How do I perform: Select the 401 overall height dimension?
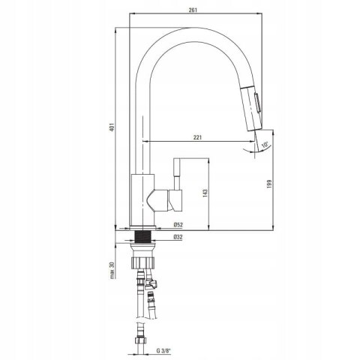click(112, 127)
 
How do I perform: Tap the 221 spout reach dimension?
click(197, 137)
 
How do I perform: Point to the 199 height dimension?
click(269, 184)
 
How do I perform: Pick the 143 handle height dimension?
click(205, 193)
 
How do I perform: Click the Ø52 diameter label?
click(178, 225)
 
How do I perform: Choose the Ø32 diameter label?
click(178, 237)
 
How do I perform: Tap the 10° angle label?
click(265, 145)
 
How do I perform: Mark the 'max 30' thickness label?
click(112, 271)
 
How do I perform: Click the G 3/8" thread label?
click(163, 351)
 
